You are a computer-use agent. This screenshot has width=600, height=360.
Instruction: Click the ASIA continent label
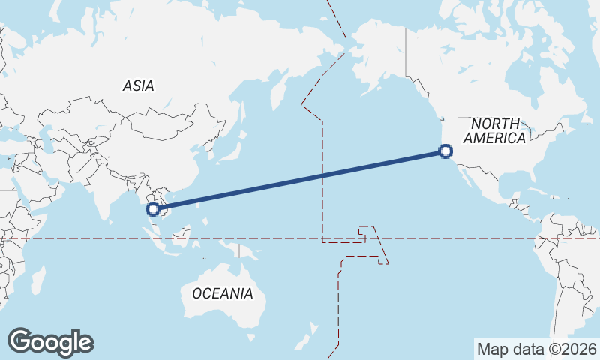coord(139,86)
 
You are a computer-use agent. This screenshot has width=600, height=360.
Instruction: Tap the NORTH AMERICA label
coord(494,131)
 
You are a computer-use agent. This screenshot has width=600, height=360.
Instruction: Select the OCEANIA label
coord(223,293)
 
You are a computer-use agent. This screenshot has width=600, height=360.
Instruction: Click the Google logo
coord(50,342)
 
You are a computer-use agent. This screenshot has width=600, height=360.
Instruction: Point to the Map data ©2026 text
coord(537,349)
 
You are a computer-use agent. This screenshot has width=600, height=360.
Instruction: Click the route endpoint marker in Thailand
coord(154,209)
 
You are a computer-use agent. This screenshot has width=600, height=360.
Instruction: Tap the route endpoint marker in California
coord(445,152)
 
